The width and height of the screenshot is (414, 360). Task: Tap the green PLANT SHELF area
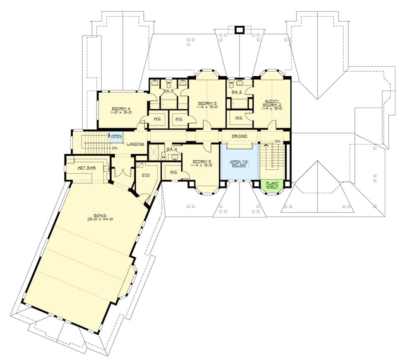(x=272, y=185)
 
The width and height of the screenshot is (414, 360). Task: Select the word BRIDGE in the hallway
(x=240, y=136)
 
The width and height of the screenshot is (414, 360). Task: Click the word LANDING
(x=135, y=144)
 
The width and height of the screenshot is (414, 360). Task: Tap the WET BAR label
(x=86, y=168)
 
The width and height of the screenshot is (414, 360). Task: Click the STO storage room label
(x=145, y=175)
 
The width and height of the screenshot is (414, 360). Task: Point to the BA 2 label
(x=236, y=92)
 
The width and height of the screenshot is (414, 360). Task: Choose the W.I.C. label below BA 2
(x=238, y=118)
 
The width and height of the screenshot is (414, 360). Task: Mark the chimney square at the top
(x=240, y=30)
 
